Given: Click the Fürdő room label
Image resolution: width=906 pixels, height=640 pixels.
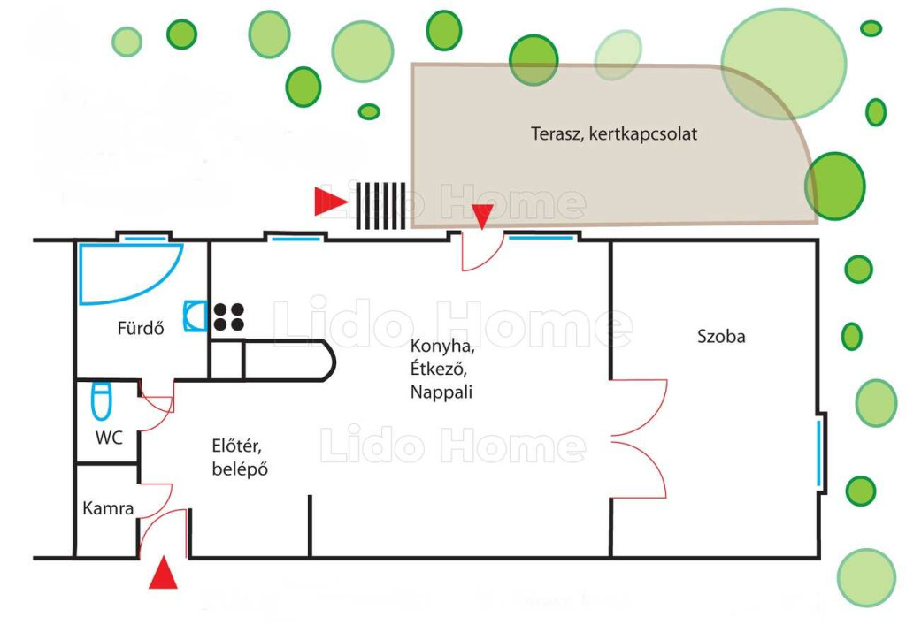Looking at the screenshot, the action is [141, 328].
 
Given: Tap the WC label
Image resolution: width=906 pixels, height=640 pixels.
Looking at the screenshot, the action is [109, 438].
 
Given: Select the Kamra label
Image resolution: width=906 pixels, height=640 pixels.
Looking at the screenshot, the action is [108, 507].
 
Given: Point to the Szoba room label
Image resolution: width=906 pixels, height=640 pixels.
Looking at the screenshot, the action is [721, 336].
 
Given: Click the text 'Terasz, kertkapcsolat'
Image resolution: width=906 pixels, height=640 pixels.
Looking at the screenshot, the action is [614, 133].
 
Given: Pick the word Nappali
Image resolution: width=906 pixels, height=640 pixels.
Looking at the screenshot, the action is [441, 392].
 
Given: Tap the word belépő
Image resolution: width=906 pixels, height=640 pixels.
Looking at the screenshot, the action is [240, 469].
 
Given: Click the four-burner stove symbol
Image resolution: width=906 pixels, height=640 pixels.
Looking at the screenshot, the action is [229, 316].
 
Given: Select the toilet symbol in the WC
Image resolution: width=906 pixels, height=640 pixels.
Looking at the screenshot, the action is [102, 400].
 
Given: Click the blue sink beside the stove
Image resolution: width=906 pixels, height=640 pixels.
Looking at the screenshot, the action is [196, 316].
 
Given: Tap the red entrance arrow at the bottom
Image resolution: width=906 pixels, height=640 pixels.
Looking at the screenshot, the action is [163, 573].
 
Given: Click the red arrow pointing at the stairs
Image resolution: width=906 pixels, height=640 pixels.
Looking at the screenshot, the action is [331, 202].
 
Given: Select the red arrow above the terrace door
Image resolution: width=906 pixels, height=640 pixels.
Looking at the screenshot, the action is [482, 217].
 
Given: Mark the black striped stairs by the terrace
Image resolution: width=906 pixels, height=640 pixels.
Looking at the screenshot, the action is [380, 206].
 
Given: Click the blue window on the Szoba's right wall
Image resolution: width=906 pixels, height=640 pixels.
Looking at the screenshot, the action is [818, 453].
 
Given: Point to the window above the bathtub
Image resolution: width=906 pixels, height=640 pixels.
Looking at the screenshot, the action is [145, 239].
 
